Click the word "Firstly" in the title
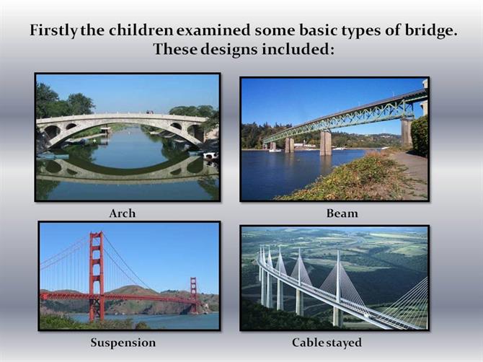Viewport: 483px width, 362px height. [x=53, y=31]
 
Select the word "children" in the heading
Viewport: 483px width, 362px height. [x=141, y=30]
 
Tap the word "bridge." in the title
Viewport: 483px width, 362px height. [x=430, y=31]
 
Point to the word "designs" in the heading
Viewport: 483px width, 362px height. [x=229, y=49]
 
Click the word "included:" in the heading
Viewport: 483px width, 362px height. [x=298, y=49]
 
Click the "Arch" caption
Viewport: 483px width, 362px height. [x=123, y=213]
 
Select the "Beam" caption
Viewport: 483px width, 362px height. [x=342, y=213]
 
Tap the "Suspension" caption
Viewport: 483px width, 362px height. [x=123, y=343]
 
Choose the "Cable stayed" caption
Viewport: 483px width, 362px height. [x=327, y=343]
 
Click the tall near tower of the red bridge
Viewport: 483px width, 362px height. [x=97, y=277]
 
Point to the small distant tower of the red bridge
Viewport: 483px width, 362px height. [x=193, y=295]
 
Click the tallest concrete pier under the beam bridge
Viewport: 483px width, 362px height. [x=407, y=133]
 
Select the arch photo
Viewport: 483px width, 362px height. [x=128, y=138]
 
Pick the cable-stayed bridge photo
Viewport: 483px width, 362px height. [x=334, y=278]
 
